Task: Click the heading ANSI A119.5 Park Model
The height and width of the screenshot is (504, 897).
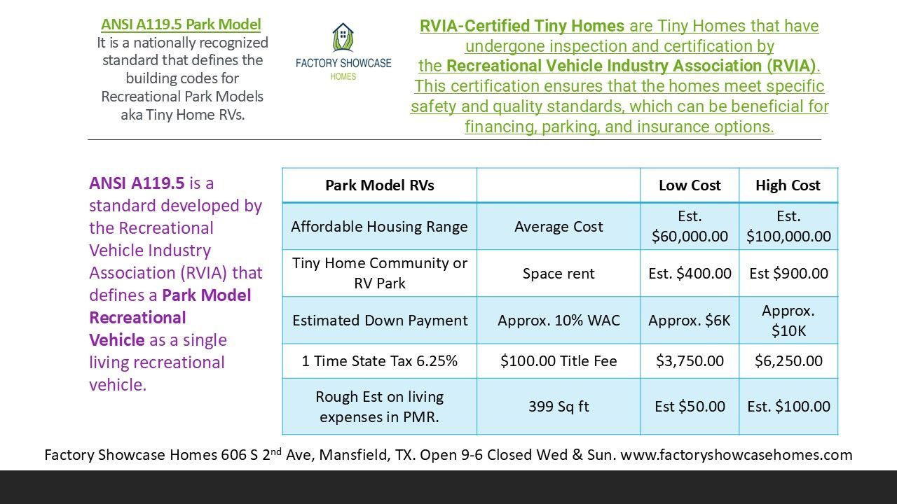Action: (181, 24)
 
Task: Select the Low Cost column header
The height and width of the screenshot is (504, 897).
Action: (690, 185)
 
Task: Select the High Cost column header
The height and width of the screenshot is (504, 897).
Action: (788, 185)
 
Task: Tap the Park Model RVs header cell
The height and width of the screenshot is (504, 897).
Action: (379, 185)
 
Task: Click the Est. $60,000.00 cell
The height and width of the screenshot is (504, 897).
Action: (690, 226)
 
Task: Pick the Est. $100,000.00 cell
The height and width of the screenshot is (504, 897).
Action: (788, 226)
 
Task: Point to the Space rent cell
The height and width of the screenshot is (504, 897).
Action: (559, 274)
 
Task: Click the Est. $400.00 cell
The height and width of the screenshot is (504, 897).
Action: (690, 274)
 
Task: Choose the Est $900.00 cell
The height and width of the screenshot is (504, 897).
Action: (788, 274)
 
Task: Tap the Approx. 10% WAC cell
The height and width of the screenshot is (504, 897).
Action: (559, 321)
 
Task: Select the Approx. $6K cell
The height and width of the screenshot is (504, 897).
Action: (690, 321)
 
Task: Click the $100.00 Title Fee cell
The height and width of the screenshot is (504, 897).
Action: (559, 361)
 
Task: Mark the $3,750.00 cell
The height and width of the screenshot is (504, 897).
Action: (690, 361)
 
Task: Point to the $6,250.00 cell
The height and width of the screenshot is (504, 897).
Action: (788, 361)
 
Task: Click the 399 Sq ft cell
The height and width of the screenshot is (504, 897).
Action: (559, 407)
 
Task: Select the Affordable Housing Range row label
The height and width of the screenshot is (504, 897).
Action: (379, 227)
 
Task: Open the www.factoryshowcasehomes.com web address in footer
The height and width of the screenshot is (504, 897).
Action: (737, 455)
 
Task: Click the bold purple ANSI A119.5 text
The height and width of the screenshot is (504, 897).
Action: (137, 183)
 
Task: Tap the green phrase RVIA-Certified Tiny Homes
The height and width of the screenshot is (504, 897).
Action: (522, 27)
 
